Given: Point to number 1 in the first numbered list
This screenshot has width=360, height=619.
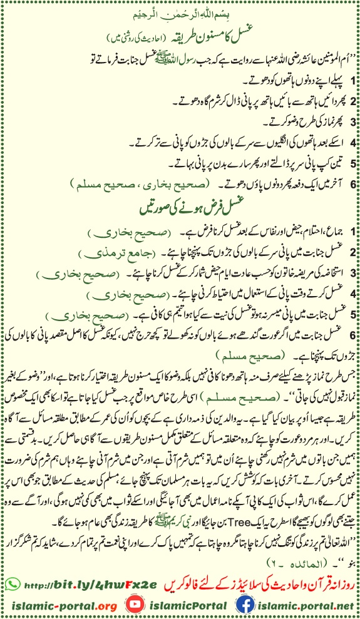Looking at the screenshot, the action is pos(353,81).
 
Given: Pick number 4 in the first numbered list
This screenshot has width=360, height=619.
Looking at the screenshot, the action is pos(353,142).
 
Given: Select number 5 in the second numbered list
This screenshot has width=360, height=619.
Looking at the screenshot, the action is pos(353,313).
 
